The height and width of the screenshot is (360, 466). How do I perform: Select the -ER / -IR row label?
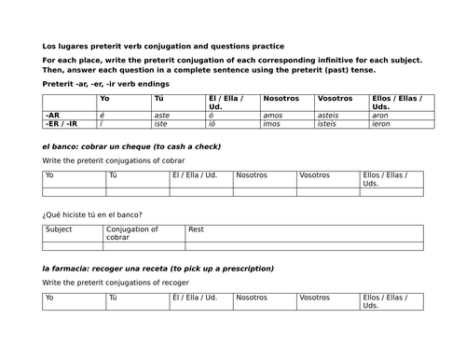61,123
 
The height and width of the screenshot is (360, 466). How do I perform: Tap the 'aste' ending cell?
162,115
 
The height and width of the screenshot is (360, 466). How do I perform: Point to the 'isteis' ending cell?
329,123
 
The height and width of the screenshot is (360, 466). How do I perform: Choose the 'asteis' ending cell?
330,115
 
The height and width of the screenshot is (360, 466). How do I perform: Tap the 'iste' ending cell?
161,123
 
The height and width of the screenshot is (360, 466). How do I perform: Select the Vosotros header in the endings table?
336,98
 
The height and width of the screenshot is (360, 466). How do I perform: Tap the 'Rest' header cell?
197,228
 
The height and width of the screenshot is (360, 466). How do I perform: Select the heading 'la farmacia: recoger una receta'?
158,269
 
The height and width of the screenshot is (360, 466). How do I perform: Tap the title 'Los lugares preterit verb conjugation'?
163,46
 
